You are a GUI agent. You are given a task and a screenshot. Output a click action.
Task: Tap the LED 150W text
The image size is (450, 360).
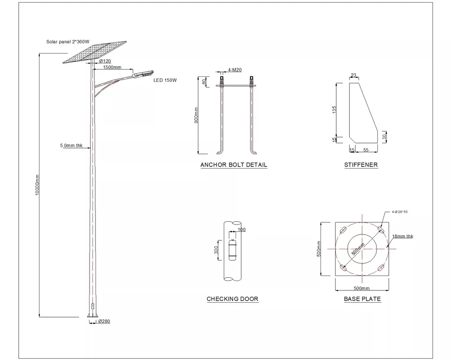click(x=165, y=80)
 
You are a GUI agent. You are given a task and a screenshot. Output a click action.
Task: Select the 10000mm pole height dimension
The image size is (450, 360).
click(x=37, y=185)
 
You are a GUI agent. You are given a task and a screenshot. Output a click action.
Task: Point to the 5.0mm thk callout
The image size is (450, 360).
click(x=71, y=146)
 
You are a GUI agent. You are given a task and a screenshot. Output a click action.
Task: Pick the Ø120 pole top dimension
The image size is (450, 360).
click(x=105, y=62)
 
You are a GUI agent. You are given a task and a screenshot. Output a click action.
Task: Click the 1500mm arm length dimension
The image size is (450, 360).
click(x=112, y=67)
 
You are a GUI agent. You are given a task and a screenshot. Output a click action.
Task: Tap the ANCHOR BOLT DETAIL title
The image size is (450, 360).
click(x=234, y=165)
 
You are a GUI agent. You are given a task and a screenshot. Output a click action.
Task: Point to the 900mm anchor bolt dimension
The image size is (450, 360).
click(x=196, y=115)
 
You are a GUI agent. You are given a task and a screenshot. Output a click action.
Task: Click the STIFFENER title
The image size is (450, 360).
click(x=361, y=165)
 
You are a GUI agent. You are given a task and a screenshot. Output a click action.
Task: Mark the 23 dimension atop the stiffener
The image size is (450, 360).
click(x=353, y=76)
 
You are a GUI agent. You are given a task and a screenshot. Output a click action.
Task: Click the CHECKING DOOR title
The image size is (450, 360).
click(x=232, y=299)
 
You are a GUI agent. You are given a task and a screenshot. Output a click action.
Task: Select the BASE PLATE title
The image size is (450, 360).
click(x=362, y=299)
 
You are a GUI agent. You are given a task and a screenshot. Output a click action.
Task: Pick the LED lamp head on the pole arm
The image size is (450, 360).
click(x=143, y=74)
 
